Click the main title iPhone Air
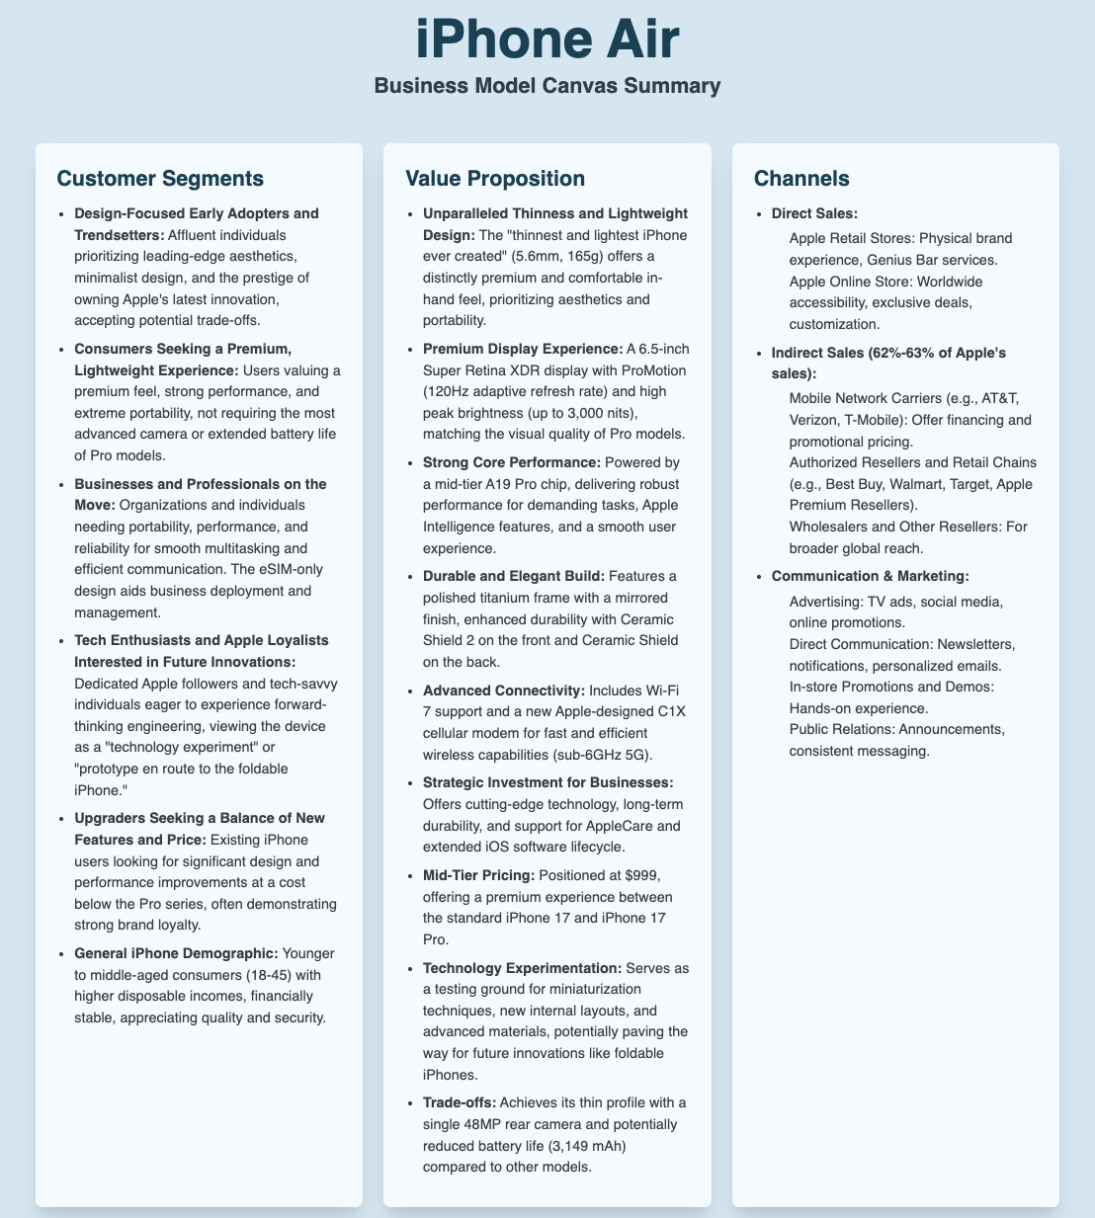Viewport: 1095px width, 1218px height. [x=547, y=41]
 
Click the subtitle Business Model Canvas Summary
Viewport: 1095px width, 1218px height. [x=547, y=86]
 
